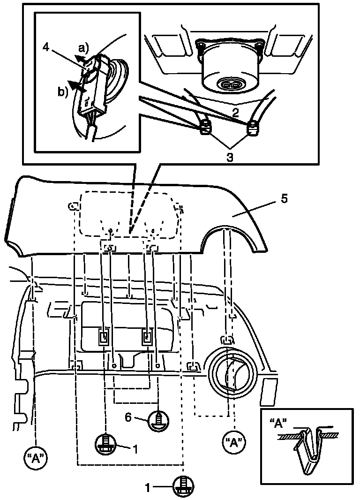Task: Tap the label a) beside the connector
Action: [83, 48]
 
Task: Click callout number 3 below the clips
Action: [230, 158]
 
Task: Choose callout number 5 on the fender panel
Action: [284, 198]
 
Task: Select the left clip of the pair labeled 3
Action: [205, 128]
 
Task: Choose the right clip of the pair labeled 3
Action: [253, 126]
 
